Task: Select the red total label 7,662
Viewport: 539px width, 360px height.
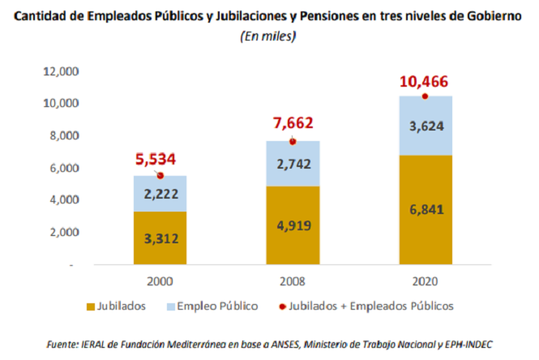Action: point(293,123)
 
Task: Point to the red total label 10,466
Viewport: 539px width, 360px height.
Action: point(424,82)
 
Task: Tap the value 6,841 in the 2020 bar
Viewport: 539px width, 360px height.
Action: point(424,210)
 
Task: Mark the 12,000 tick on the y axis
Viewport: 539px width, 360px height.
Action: point(61,71)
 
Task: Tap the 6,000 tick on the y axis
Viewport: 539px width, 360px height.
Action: point(64,168)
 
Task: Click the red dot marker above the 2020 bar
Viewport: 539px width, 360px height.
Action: point(424,96)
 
